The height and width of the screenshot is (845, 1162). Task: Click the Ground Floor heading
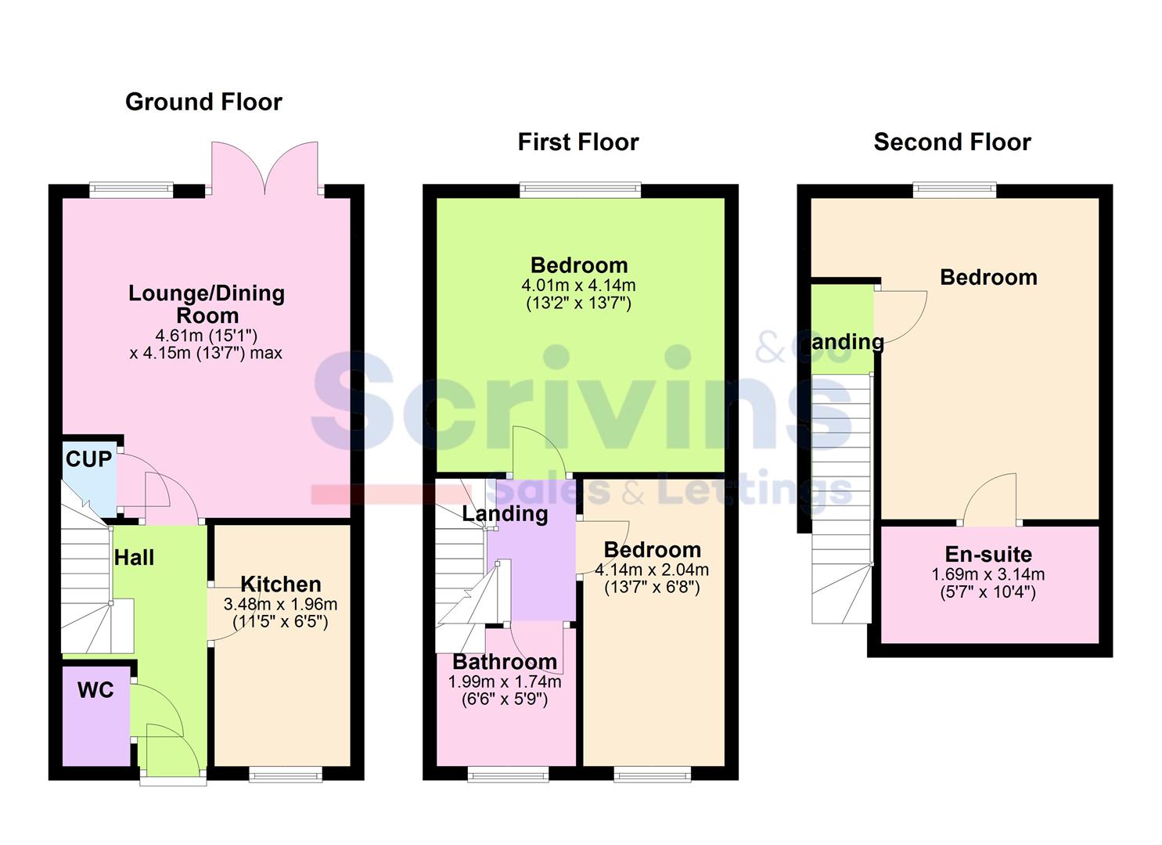click(203, 102)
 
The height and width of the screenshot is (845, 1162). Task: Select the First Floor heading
click(578, 142)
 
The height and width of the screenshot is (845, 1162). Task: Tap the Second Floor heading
click(952, 142)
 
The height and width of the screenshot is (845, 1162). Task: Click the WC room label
click(95, 690)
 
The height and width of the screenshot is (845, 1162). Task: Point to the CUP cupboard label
click(88, 459)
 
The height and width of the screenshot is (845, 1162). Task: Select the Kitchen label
click(281, 584)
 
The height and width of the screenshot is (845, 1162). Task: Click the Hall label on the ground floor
click(135, 558)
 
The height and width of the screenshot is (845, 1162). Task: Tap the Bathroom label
click(505, 662)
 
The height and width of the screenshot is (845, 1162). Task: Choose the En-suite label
click(988, 554)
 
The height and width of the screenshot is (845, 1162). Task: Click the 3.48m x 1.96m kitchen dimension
click(280, 604)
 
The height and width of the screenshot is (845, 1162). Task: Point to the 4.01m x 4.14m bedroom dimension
click(578, 286)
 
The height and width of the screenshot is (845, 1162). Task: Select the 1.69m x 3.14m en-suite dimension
click(988, 574)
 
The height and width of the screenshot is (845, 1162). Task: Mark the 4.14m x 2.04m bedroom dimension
click(652, 570)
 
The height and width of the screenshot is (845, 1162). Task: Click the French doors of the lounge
click(265, 168)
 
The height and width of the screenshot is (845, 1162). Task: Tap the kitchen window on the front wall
click(286, 774)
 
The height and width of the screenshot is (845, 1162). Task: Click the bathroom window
click(508, 774)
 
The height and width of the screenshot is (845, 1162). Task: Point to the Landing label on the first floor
click(505, 513)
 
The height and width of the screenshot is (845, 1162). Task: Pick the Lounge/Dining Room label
click(207, 304)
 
